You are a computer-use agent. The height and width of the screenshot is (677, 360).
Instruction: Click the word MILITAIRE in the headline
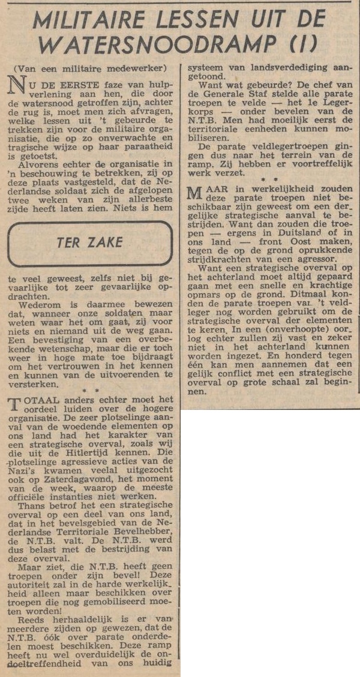pos(91,21)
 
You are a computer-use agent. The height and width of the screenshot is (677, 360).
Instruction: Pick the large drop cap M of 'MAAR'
pos(196,194)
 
